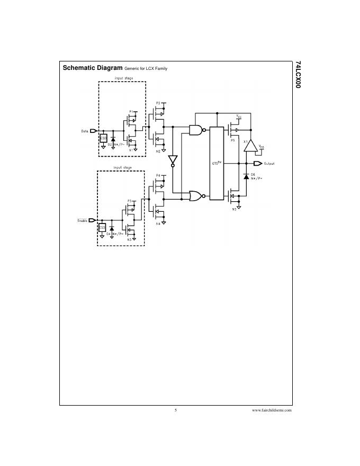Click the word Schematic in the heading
(77, 68)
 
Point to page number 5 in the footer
(175, 410)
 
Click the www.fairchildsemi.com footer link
(272, 410)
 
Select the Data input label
(85, 131)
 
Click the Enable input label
(83, 220)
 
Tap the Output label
(269, 163)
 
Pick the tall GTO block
(217, 164)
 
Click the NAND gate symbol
(196, 130)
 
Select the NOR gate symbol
(196, 196)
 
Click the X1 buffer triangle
(250, 145)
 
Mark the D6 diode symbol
(246, 176)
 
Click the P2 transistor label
(158, 103)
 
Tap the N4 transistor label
(158, 223)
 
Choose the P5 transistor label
(232, 141)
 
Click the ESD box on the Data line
(103, 138)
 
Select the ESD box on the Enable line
(103, 227)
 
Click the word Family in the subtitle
(160, 69)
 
